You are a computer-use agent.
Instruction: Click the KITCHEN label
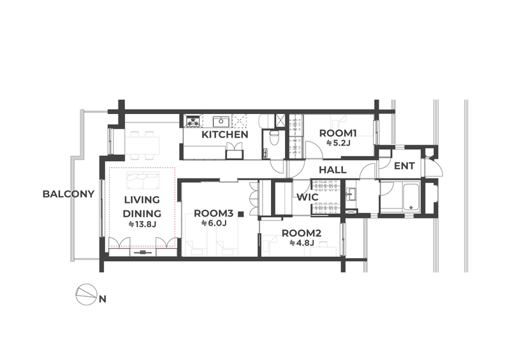tap(225, 134)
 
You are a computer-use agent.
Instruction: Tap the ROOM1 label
tap(338, 133)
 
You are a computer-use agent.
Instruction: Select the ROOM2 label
tap(302, 233)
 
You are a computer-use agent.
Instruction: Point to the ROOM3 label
tap(214, 213)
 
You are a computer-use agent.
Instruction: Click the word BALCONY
tap(68, 194)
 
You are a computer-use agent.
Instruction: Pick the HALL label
tap(332, 169)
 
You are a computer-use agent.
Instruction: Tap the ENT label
tap(404, 166)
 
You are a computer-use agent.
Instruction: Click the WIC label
tap(307, 198)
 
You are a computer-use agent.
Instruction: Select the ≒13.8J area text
tap(142, 224)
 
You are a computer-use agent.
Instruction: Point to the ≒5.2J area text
tap(339, 143)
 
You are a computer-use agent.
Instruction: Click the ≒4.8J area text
tap(302, 243)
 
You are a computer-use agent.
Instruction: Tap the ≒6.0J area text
tap(214, 224)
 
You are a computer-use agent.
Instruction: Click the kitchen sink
tap(221, 121)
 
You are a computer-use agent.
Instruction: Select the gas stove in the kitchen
tap(193, 121)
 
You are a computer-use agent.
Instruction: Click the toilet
tap(274, 138)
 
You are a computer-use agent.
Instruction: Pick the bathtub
tap(411, 197)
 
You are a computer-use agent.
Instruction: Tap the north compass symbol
tap(86, 295)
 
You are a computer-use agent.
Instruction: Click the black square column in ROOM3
tap(241, 213)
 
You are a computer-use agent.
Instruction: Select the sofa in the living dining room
tap(143, 180)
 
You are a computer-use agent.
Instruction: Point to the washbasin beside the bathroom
tap(351, 194)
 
